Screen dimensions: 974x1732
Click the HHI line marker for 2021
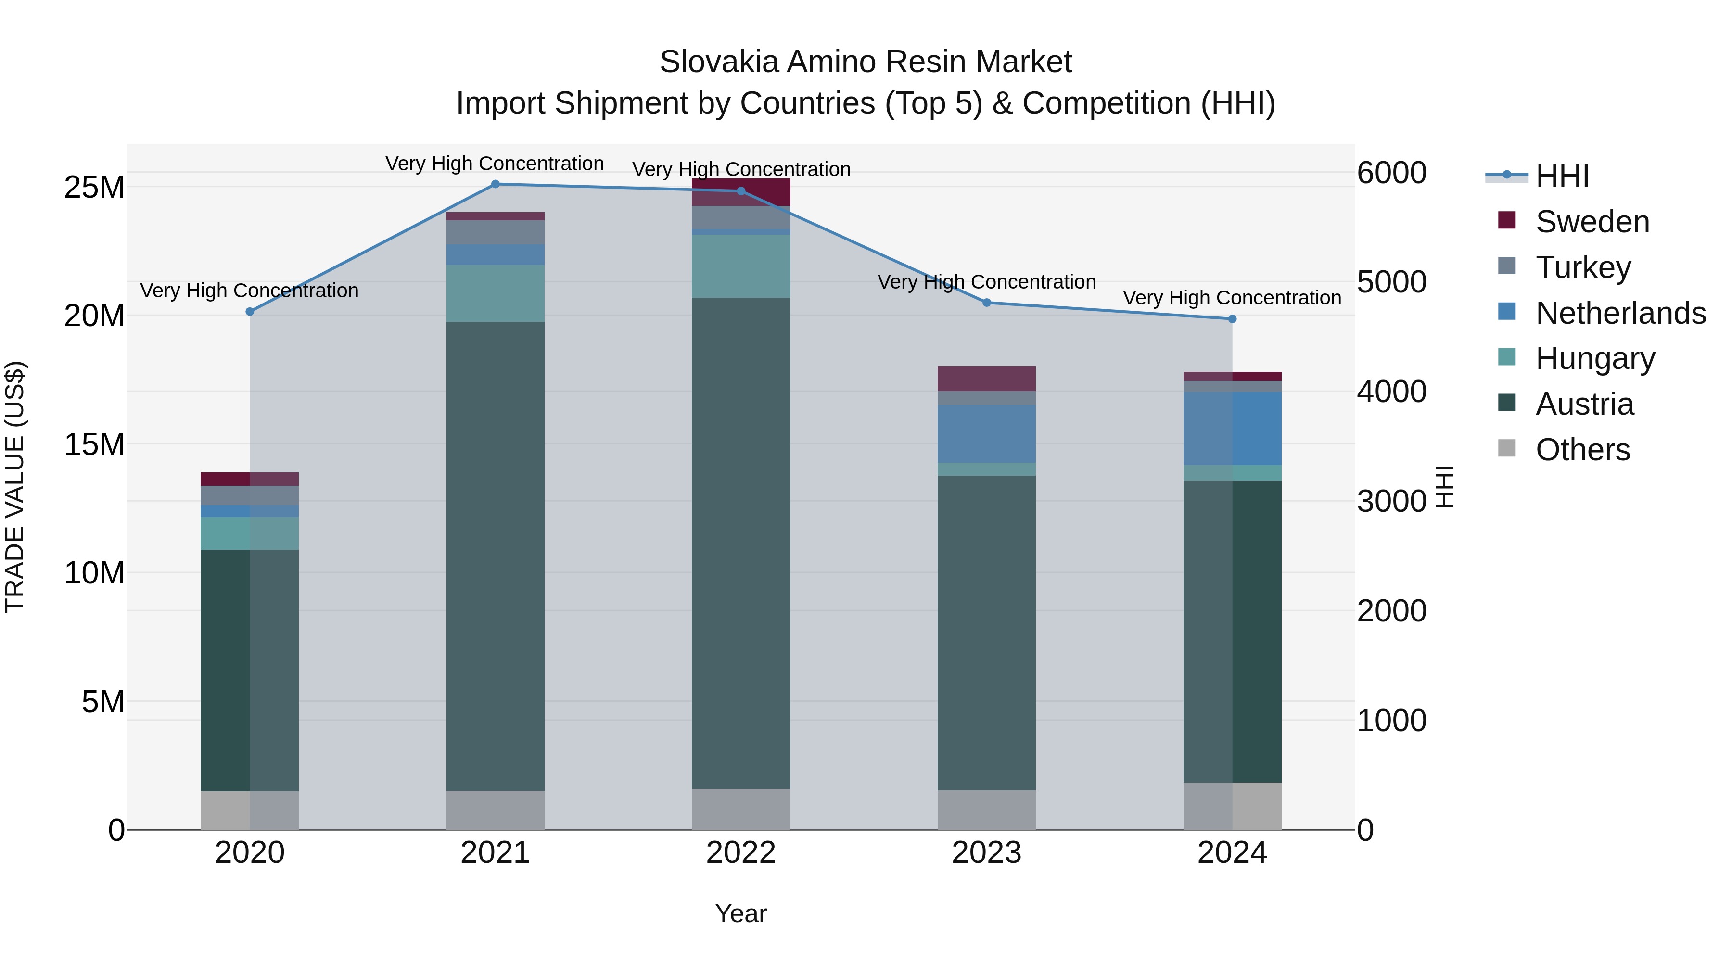[x=496, y=184]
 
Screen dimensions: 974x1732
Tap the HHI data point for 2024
[x=1232, y=319]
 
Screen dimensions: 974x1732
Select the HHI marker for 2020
[x=250, y=312]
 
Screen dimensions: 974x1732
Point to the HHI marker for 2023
[x=986, y=303]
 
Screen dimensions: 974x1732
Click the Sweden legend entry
[x=1592, y=222]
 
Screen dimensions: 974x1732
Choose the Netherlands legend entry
[x=1620, y=313]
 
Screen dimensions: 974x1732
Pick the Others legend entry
[x=1583, y=450]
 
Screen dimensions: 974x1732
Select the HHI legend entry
[x=1563, y=176]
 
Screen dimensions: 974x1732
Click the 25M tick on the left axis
[x=94, y=188]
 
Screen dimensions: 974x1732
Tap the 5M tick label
[x=103, y=702]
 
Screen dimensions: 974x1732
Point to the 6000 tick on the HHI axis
[x=1391, y=173]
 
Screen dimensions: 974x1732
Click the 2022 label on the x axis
[x=741, y=853]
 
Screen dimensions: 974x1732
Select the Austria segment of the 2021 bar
[x=496, y=556]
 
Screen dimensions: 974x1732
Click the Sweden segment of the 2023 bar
[x=986, y=379]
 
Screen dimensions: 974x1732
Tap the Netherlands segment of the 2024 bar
[x=1232, y=429]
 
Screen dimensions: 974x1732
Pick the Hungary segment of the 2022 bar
[x=741, y=266]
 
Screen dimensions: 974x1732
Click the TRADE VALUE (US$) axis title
[x=15, y=487]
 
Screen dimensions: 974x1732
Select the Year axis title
[x=740, y=913]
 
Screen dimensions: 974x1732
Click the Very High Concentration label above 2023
[x=986, y=282]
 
